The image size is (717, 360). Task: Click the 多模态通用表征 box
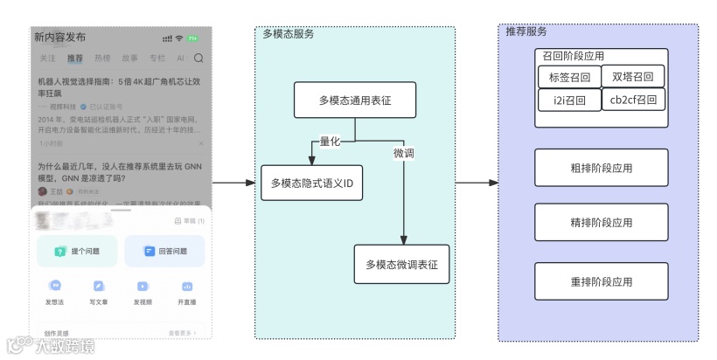354,101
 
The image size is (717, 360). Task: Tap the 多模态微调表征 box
401,264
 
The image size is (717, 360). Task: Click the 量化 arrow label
329,142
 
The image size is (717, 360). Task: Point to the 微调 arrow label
403,153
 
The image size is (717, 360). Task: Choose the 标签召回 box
569,77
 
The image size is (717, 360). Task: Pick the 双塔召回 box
633,77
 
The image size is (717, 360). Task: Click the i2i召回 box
569,100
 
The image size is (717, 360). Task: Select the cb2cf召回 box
633,100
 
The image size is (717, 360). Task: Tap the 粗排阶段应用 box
601,168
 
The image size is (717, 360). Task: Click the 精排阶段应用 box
601,223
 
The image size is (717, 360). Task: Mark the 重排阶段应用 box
601,281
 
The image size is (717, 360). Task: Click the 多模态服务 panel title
289,34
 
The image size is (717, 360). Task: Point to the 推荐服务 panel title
526,31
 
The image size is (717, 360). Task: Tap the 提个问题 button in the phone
77,251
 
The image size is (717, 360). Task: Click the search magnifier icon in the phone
198,59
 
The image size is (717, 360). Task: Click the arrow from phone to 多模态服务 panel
233,183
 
